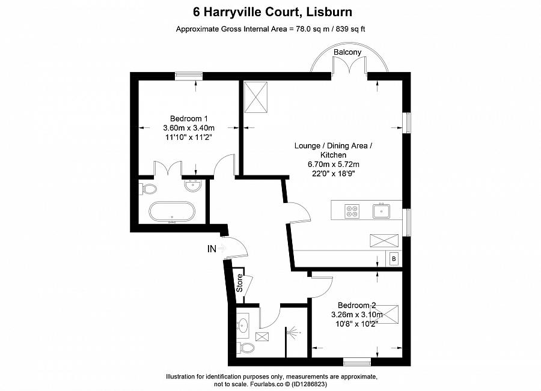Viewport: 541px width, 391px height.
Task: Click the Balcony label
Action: (347, 52)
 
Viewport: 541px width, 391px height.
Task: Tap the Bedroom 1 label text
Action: (189, 118)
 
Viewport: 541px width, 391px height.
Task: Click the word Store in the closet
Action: (239, 283)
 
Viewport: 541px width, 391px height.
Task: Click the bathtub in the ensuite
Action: (172, 212)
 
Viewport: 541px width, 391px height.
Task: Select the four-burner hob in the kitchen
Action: (351, 211)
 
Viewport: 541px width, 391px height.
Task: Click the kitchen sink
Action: (381, 211)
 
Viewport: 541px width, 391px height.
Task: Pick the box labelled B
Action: (394, 259)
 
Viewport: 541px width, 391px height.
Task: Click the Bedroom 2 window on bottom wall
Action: (356, 362)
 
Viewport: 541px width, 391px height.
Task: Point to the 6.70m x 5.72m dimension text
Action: (334, 165)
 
